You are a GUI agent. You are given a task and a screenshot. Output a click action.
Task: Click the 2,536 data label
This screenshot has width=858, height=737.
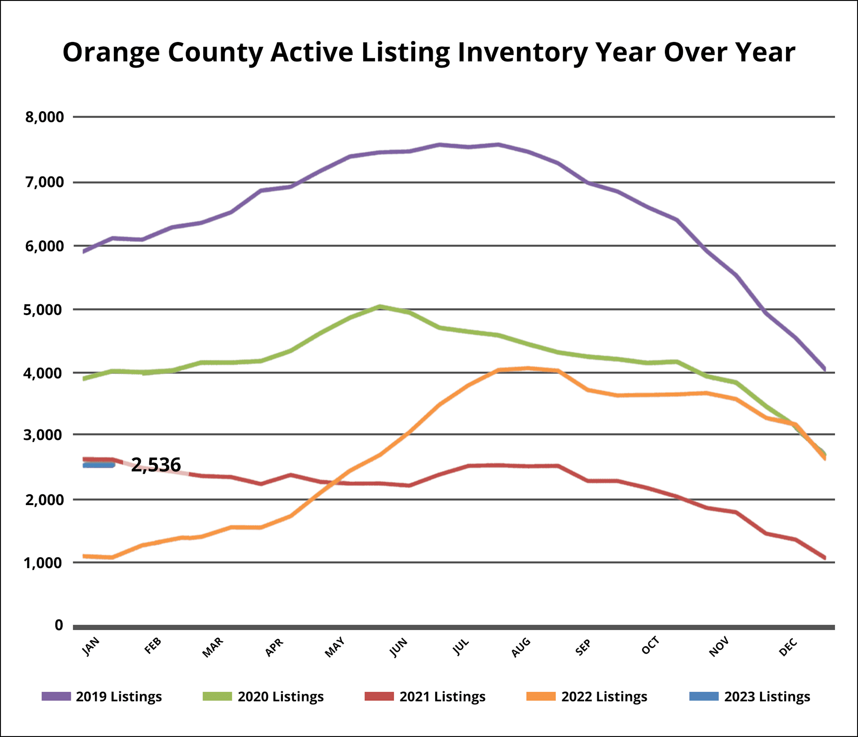tap(156, 465)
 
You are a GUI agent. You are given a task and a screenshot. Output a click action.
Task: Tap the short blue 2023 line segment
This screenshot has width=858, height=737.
tap(99, 465)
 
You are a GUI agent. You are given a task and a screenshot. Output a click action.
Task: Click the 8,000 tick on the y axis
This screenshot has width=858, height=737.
tap(45, 117)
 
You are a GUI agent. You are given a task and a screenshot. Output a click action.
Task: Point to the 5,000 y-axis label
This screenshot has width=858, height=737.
tap(44, 310)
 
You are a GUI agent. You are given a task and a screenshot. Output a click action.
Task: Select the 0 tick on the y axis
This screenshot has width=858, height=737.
tap(59, 625)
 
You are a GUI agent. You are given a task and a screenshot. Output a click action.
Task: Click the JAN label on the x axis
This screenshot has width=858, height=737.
tap(91, 647)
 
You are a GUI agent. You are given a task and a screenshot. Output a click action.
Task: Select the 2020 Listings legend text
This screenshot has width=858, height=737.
tap(281, 697)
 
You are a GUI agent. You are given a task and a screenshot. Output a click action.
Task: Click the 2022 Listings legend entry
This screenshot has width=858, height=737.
tap(604, 697)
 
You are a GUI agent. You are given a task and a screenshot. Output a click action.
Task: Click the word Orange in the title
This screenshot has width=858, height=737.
tap(111, 53)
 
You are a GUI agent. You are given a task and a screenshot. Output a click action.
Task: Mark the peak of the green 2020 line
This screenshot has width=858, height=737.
tap(379, 307)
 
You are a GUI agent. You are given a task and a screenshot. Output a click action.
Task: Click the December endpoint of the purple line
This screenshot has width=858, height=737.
tap(824, 369)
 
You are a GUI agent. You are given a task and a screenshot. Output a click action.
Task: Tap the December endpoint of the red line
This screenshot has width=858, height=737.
tap(824, 558)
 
